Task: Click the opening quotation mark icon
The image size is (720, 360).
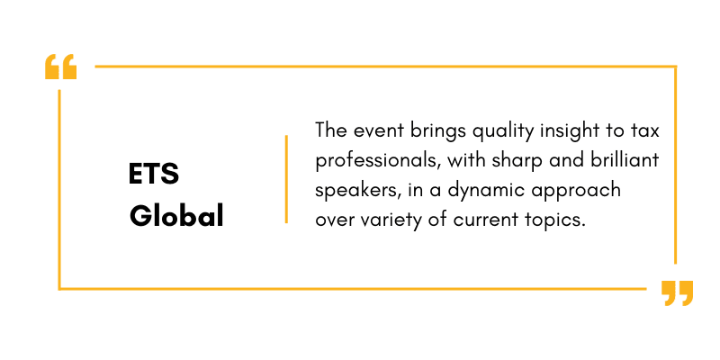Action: pyautogui.click(x=60, y=67)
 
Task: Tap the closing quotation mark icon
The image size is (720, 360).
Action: pyautogui.click(x=678, y=293)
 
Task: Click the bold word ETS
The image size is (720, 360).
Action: pyautogui.click(x=154, y=174)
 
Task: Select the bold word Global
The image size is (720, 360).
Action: pyautogui.click(x=176, y=216)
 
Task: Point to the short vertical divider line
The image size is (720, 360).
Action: pyautogui.click(x=286, y=179)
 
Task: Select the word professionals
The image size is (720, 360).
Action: pyautogui.click(x=378, y=162)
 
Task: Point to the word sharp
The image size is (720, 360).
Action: pyautogui.click(x=513, y=162)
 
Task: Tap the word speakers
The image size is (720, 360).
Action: pyautogui.click(x=355, y=192)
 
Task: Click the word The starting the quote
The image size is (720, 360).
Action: pyautogui.click(x=330, y=130)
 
